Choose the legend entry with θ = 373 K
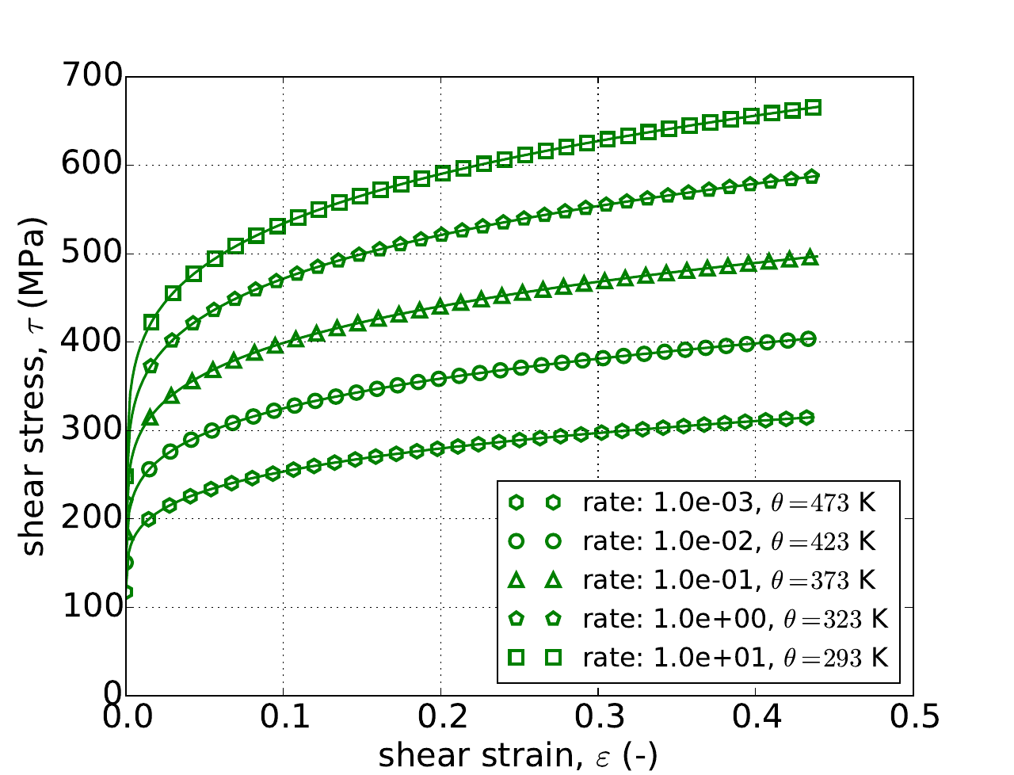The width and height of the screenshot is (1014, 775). point(697,579)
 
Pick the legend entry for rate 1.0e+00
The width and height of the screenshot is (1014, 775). point(697,618)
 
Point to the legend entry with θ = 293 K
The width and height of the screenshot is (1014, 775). point(697,657)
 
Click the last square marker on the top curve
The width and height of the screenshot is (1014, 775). point(813,108)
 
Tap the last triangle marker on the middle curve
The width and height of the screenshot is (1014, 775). point(810,257)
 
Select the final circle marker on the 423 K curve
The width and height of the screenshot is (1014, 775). point(809,339)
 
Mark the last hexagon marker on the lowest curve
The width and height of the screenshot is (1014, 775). point(807,417)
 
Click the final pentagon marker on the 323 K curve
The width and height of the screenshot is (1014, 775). point(812,177)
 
